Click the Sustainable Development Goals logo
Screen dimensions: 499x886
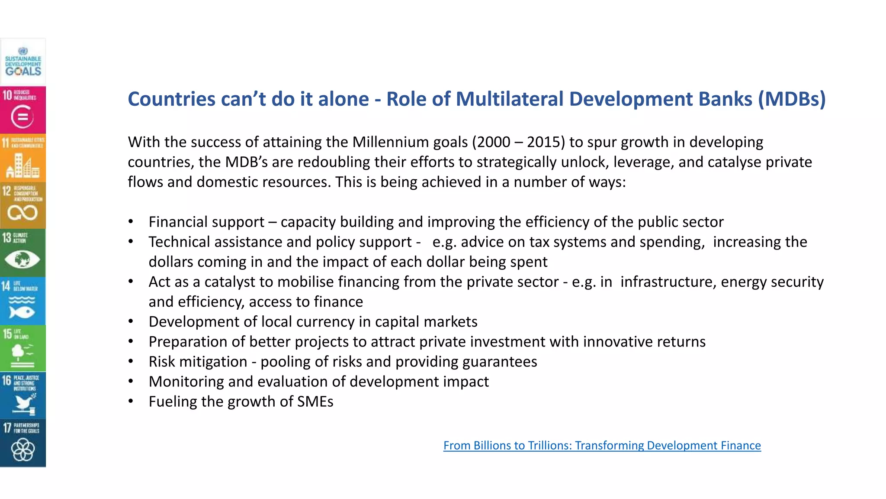[x=23, y=62]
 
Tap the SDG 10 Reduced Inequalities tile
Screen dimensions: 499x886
[x=23, y=110]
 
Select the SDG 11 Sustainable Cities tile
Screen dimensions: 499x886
[x=23, y=157]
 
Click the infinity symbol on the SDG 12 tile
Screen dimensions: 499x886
[x=22, y=213]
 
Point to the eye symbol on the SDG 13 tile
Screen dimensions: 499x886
[x=22, y=259]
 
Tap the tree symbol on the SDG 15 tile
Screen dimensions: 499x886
[x=19, y=353]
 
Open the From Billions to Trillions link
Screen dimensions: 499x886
[x=602, y=445]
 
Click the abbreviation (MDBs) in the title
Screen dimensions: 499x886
[x=791, y=99]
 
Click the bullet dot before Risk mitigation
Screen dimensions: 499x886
[x=131, y=362]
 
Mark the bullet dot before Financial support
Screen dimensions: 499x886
[x=131, y=222]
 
